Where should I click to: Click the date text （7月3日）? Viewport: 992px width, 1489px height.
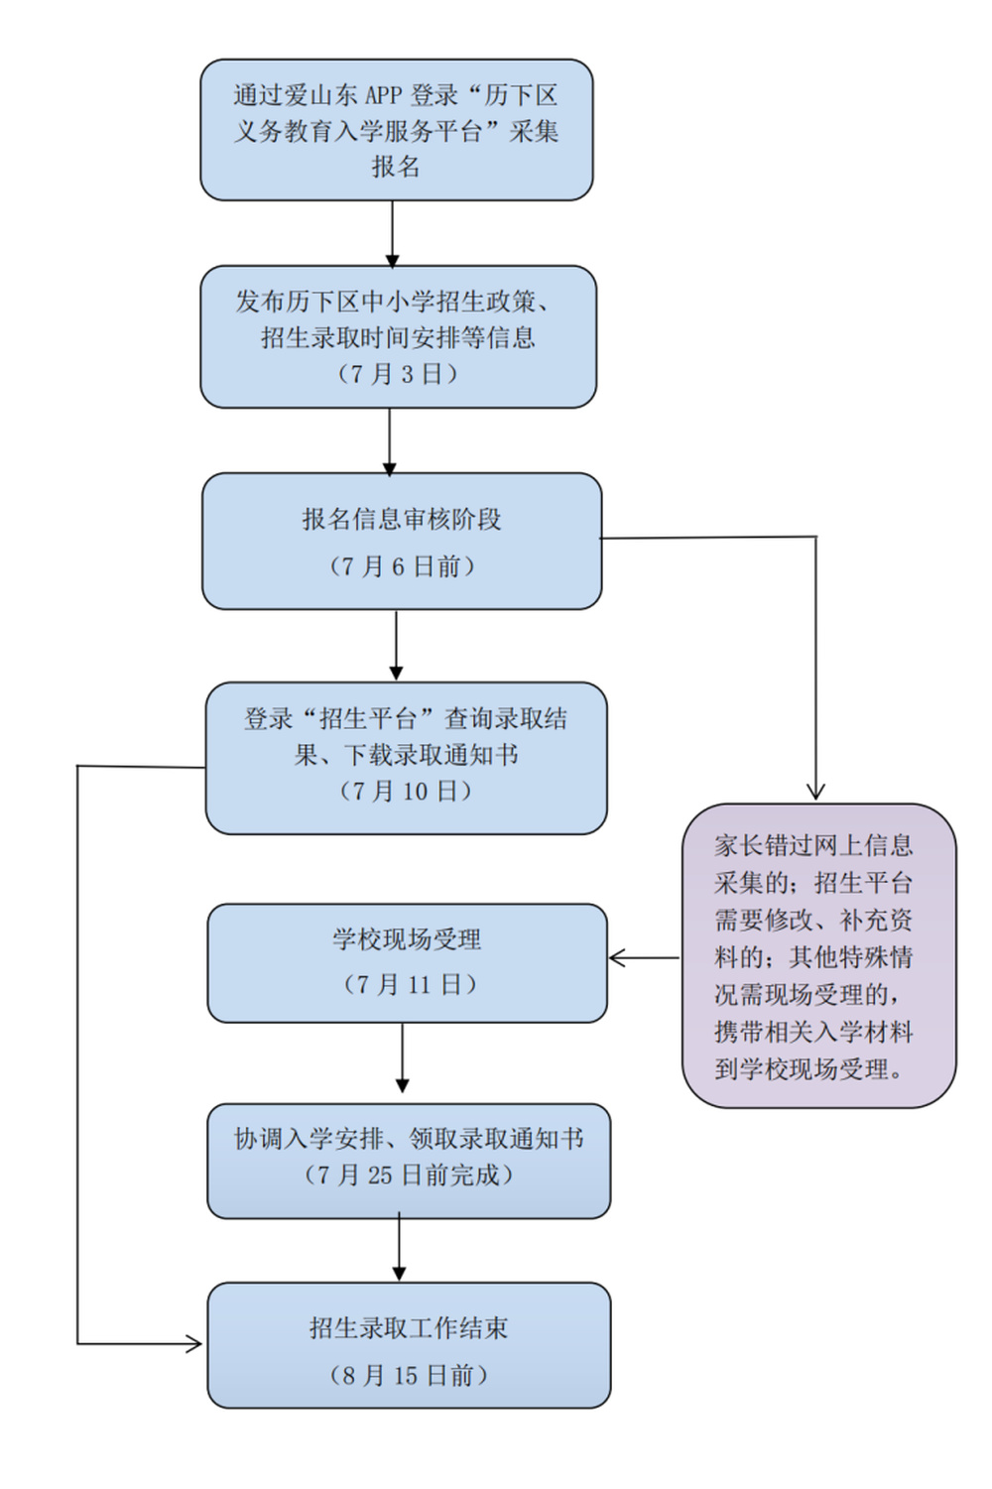pos(398,374)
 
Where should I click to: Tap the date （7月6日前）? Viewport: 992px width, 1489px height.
pos(402,566)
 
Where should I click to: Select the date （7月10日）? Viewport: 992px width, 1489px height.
pos(406,791)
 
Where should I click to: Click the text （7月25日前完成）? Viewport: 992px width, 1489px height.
pos(409,1175)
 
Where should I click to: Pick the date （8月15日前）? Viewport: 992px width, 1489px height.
pos(409,1375)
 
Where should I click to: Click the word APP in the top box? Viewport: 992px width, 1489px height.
pos(383,95)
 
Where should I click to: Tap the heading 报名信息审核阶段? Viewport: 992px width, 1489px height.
pos(402,519)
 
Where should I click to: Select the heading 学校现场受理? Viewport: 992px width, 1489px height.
pos(407,938)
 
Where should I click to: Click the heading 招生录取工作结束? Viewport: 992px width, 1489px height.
pos(409,1327)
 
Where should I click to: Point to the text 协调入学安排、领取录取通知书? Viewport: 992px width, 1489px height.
pos(409,1139)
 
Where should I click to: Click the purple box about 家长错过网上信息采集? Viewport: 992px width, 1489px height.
pos(818,954)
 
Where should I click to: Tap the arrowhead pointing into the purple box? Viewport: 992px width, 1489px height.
pos(815,792)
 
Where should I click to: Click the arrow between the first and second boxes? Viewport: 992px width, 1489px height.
pos(392,234)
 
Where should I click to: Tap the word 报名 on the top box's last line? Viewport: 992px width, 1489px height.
pos(396,167)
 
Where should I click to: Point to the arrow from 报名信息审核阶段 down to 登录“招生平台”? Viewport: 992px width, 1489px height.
pos(396,646)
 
